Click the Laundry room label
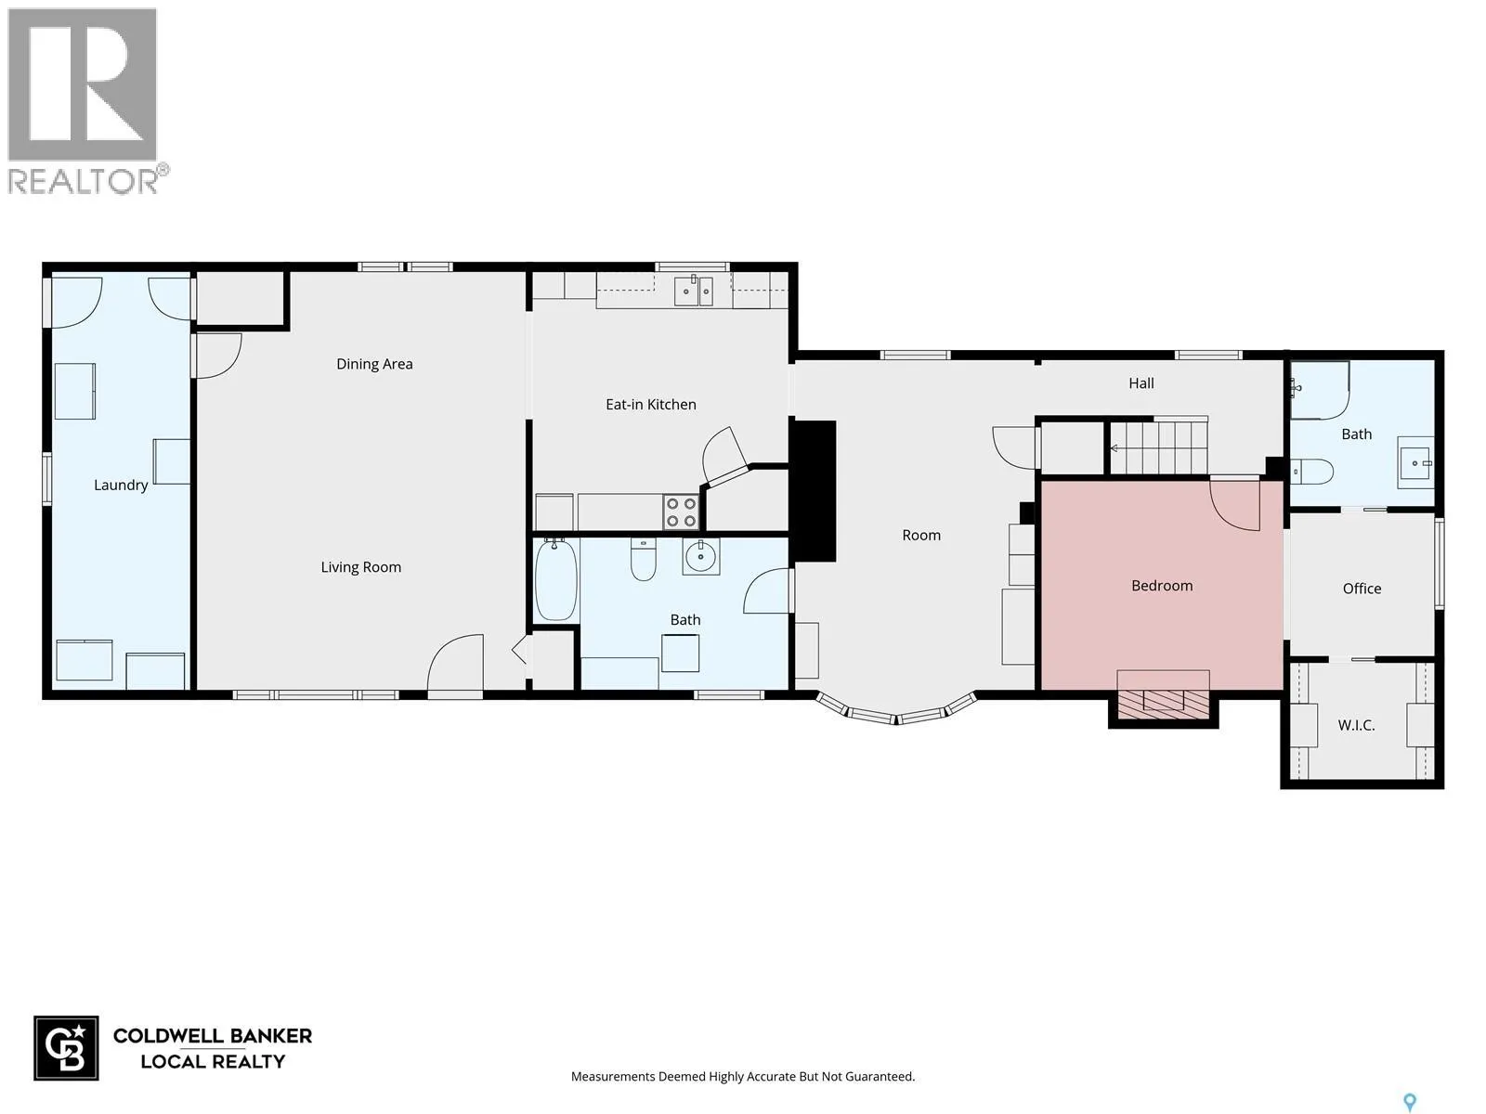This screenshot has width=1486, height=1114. (121, 485)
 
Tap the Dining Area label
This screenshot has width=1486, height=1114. (374, 364)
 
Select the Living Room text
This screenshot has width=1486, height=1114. (361, 567)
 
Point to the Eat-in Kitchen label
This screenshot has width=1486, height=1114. (651, 405)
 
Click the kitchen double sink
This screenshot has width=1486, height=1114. (693, 291)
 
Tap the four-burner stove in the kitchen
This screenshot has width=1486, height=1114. (681, 512)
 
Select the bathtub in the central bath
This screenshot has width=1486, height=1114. (555, 579)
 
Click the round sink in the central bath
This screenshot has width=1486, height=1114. (700, 557)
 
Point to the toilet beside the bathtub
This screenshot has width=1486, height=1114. (643, 560)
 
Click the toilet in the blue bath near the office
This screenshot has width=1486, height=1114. (1311, 472)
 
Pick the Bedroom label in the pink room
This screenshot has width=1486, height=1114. (1162, 586)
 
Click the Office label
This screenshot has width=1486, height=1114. (1362, 589)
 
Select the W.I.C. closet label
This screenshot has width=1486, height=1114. (1356, 725)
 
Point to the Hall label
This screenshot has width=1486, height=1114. (1141, 383)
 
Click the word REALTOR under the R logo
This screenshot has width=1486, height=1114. (84, 181)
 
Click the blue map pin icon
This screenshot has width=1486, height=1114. (1410, 1103)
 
